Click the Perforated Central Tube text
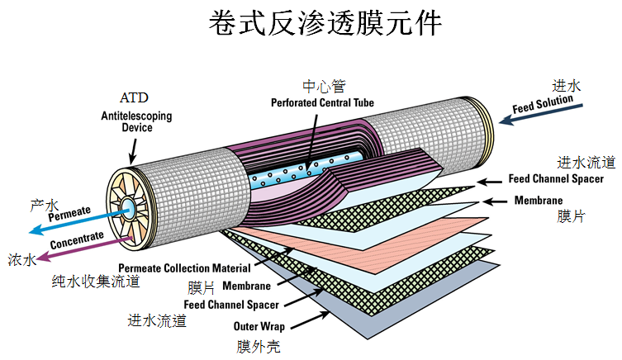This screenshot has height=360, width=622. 323,103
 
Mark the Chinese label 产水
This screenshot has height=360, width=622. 43,203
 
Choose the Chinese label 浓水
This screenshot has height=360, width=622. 22,260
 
